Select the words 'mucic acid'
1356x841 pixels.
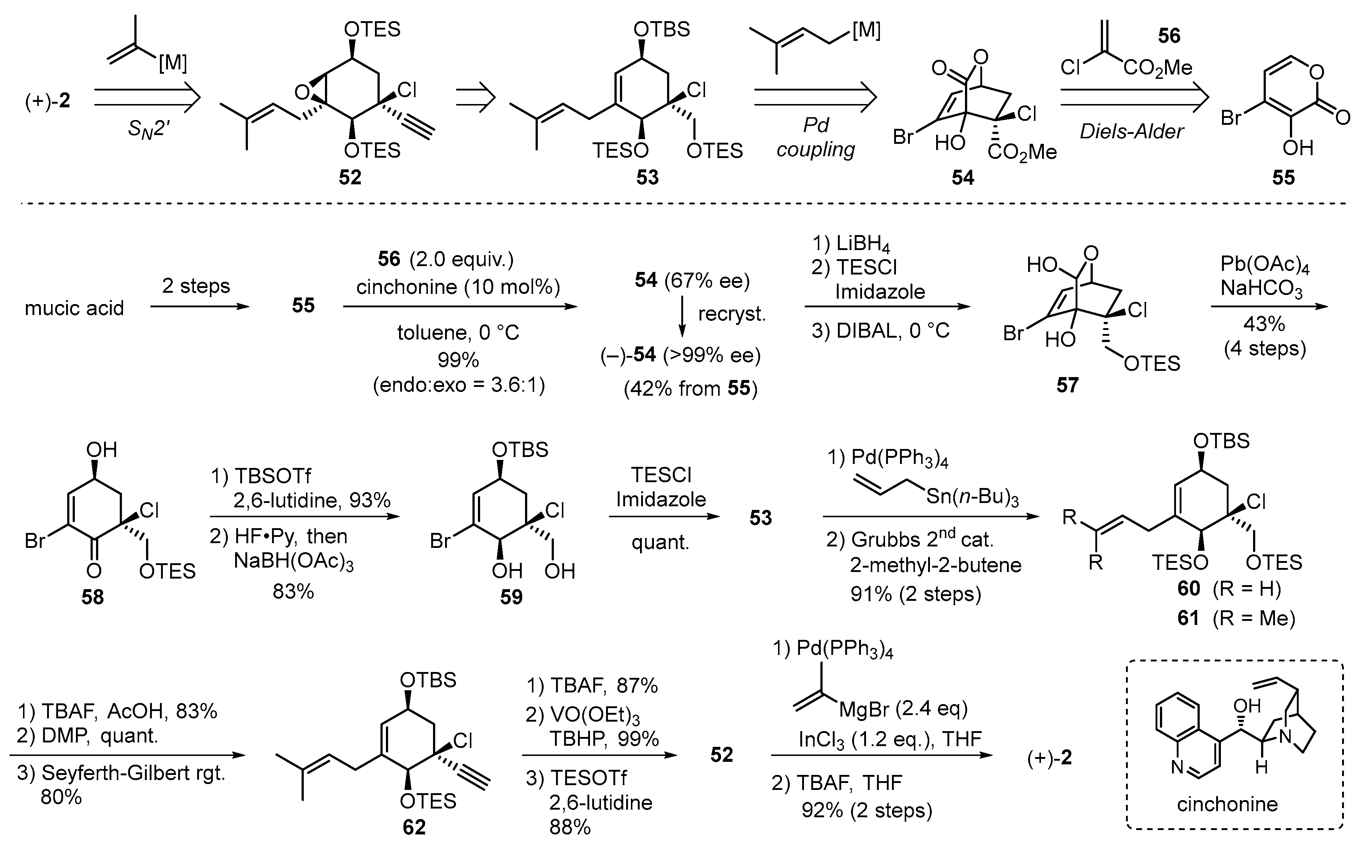(x=74, y=308)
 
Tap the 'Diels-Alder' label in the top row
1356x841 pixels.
(x=1131, y=132)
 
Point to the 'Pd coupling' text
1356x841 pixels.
(x=815, y=137)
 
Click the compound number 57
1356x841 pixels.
(x=1067, y=385)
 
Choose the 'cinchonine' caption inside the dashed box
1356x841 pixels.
(x=1227, y=804)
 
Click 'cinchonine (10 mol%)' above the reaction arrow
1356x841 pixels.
(x=458, y=287)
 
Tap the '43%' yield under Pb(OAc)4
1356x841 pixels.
(x=1264, y=324)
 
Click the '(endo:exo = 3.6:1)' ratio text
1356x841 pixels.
(x=458, y=385)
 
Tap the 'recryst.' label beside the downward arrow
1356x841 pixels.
(x=731, y=314)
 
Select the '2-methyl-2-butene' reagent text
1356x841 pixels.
(x=935, y=565)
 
